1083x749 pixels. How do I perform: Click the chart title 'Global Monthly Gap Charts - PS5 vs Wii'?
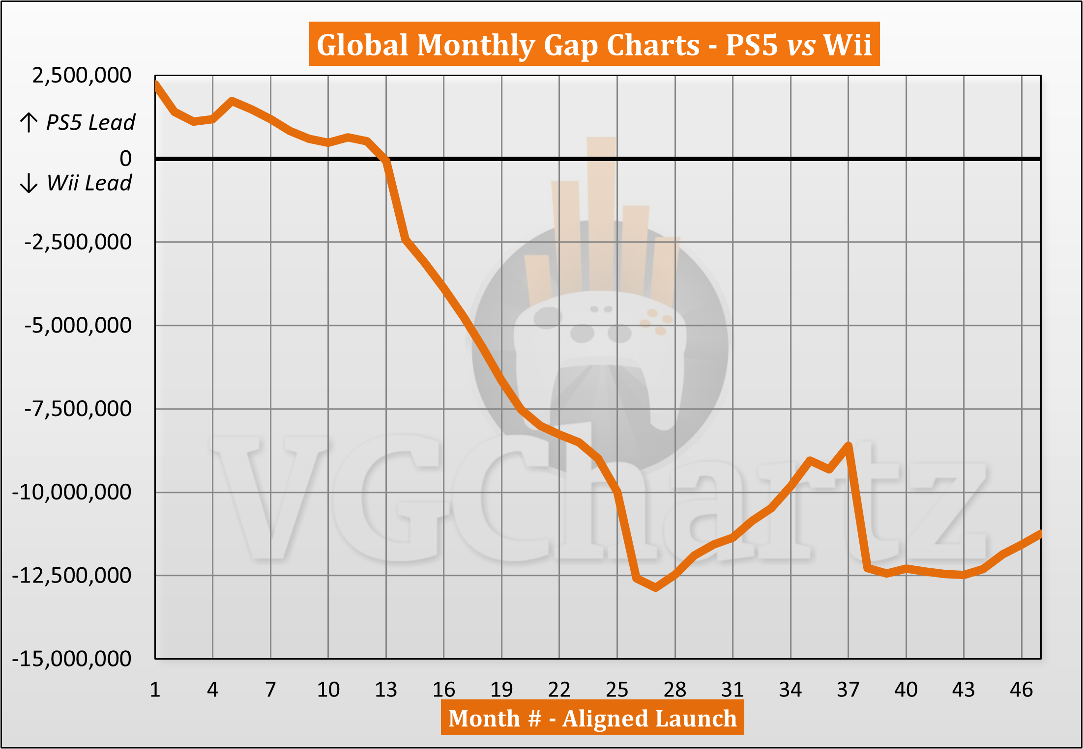594,45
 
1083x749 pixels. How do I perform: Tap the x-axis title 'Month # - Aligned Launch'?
592,718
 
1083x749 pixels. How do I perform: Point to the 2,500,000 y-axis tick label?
82,76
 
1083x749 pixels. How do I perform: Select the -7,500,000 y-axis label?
78,409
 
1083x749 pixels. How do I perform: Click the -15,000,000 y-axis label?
72,659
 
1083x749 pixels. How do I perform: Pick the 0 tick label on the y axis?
126,159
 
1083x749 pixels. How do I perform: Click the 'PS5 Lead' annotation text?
90,122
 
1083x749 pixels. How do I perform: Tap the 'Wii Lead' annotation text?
89,183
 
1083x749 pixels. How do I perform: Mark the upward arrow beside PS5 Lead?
29,122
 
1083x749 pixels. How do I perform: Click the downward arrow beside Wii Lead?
29,183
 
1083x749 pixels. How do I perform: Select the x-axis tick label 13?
386,690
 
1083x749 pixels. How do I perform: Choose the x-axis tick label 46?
1021,690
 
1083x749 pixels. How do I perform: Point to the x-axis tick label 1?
155,690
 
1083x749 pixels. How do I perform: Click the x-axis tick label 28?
675,690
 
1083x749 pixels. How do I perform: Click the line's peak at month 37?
849,445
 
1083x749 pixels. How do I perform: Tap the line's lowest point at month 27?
656,587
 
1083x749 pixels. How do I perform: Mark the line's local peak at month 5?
232,101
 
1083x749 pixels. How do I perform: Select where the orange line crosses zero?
386,159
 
